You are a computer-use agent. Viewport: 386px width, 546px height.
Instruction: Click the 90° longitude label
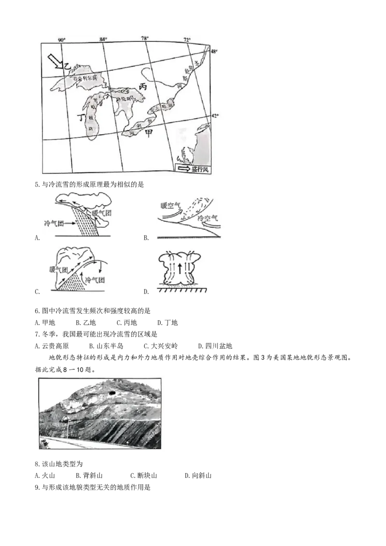click(62, 40)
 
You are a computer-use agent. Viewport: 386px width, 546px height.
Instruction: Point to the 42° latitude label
click(216, 116)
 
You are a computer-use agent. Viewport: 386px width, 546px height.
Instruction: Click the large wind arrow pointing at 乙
click(55, 62)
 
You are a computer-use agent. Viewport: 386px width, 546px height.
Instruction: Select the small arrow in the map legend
click(184, 169)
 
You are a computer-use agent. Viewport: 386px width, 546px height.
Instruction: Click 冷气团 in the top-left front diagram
click(54, 223)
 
